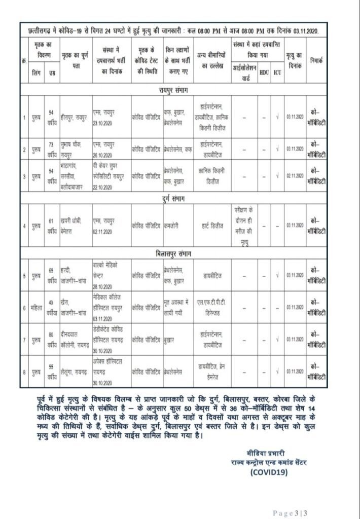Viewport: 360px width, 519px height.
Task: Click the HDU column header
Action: (x=264, y=72)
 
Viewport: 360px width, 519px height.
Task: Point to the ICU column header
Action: (x=277, y=72)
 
